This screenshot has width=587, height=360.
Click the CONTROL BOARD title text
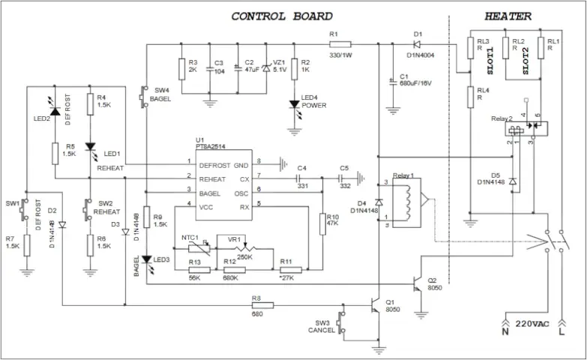[281, 16]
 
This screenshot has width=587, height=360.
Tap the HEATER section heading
[508, 16]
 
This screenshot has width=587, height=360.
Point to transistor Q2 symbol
[418, 283]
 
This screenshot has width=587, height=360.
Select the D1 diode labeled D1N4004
[418, 44]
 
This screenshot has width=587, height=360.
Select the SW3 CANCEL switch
[342, 322]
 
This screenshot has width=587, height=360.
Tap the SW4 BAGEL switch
[145, 96]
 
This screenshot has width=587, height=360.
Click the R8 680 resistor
[262, 305]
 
